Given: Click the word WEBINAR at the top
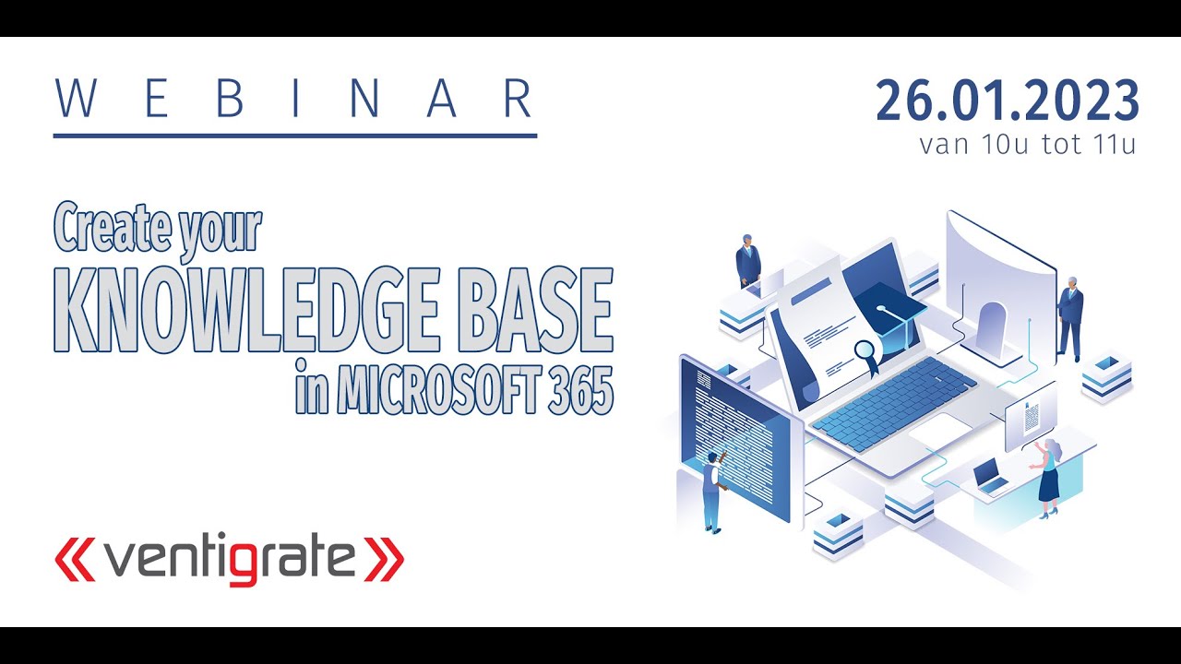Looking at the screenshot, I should pyautogui.click(x=294, y=99).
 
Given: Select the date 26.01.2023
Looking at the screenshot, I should pyautogui.click(x=1008, y=101).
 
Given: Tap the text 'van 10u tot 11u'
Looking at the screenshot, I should pyautogui.click(x=1027, y=146).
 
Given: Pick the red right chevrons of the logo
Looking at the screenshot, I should pyautogui.click(x=383, y=559).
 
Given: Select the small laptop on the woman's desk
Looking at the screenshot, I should pyautogui.click(x=990, y=476).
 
